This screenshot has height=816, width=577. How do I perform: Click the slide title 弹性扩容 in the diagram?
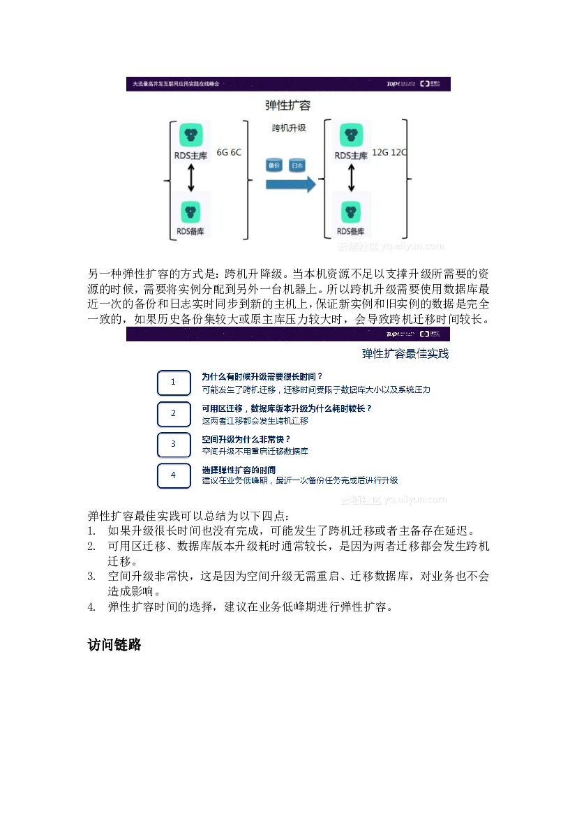[x=288, y=105]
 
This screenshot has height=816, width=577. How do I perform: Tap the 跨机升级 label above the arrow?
[x=288, y=128]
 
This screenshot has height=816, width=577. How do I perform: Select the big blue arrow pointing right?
[x=290, y=185]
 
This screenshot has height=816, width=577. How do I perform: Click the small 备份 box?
[x=274, y=165]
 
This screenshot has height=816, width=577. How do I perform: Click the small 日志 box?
[x=297, y=165]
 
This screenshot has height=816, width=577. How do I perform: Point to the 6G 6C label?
[x=229, y=151]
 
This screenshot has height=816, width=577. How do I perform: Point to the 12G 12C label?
[x=389, y=151]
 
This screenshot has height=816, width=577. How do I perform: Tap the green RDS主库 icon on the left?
[x=190, y=135]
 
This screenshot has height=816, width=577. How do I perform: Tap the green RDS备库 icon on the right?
[x=350, y=211]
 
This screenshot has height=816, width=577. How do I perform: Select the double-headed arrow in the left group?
[x=190, y=179]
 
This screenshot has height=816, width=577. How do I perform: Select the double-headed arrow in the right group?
[x=350, y=179]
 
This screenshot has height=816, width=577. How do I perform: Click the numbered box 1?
[x=174, y=382]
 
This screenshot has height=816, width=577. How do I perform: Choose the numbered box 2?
[x=174, y=413]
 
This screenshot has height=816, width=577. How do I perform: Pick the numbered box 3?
[x=174, y=444]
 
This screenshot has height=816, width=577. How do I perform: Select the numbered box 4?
[x=174, y=475]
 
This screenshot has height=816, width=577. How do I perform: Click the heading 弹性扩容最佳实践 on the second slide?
[x=405, y=354]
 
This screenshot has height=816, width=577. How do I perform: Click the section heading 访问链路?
[x=114, y=645]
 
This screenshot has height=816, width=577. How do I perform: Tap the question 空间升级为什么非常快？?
[x=246, y=439]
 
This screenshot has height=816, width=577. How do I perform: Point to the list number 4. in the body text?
[x=92, y=607]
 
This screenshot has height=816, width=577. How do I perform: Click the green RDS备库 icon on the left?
[x=190, y=211]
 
